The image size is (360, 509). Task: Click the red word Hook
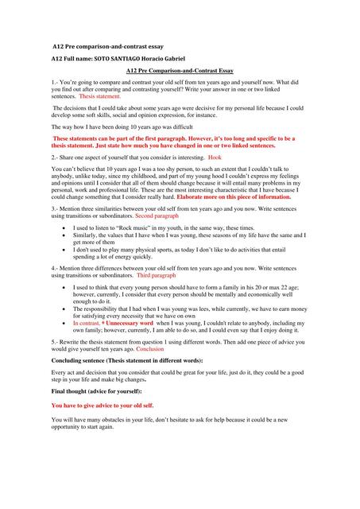pyautogui.click(x=215, y=158)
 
